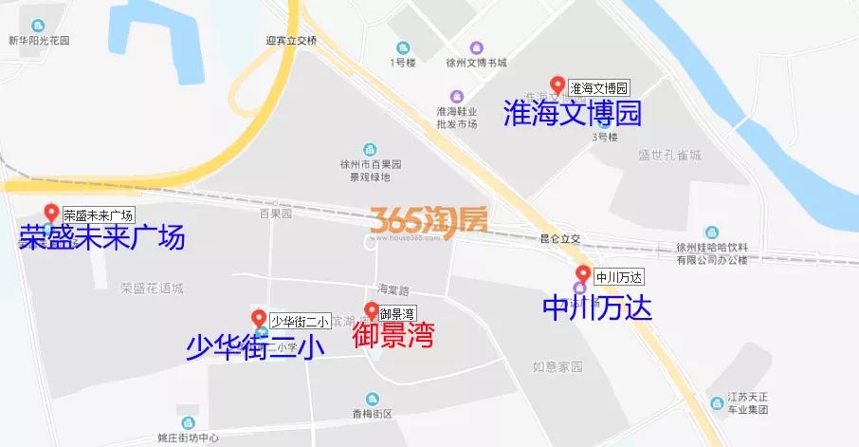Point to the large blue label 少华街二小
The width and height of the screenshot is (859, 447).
pos(255,347)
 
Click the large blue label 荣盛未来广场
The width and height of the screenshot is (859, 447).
pos(101,237)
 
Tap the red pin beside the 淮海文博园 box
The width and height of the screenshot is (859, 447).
pos(557,85)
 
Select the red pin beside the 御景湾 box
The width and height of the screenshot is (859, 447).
pos(372,310)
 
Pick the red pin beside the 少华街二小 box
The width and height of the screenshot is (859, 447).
pos(258,319)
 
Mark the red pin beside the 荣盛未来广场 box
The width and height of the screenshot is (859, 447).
pos(52,213)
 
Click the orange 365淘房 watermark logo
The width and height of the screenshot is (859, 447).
pos(429,221)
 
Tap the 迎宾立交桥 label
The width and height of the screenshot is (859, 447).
pos(294,41)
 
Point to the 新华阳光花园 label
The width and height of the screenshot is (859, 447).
pos(39,41)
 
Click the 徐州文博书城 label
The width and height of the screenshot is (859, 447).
pos(476,63)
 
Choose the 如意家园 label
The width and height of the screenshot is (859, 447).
pos(556,366)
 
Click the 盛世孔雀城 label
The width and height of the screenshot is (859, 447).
pos(669,155)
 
